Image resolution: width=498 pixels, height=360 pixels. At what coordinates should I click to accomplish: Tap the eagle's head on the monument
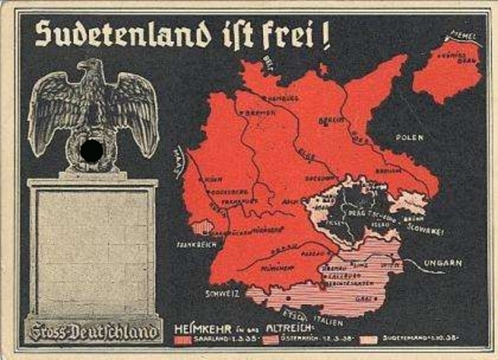(92, 72)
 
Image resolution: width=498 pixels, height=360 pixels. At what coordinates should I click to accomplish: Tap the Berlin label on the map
(332, 120)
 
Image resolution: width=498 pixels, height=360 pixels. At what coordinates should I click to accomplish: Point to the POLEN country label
(410, 137)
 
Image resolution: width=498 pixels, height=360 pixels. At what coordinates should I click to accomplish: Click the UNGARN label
(444, 263)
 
